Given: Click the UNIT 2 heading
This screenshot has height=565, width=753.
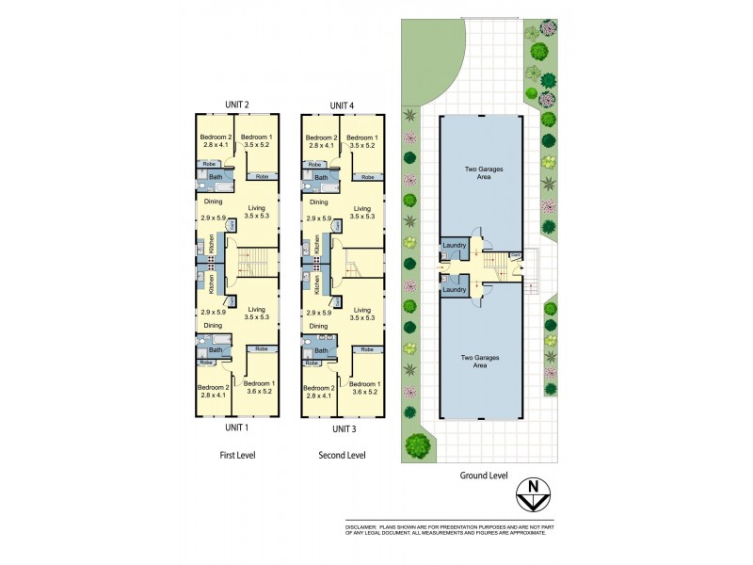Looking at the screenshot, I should point(235,105).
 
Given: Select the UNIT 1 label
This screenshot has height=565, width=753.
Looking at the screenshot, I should point(235,428).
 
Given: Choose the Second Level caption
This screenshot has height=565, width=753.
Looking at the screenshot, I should point(342,455).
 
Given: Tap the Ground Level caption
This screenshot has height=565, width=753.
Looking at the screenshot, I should point(483,476).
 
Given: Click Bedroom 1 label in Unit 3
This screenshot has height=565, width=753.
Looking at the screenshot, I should point(365,384).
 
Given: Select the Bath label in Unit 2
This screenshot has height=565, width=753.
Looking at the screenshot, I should point(216,177).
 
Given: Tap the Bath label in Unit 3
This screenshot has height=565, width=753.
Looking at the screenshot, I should point(321,350).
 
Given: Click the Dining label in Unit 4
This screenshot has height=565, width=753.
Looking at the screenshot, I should point(319,202).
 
